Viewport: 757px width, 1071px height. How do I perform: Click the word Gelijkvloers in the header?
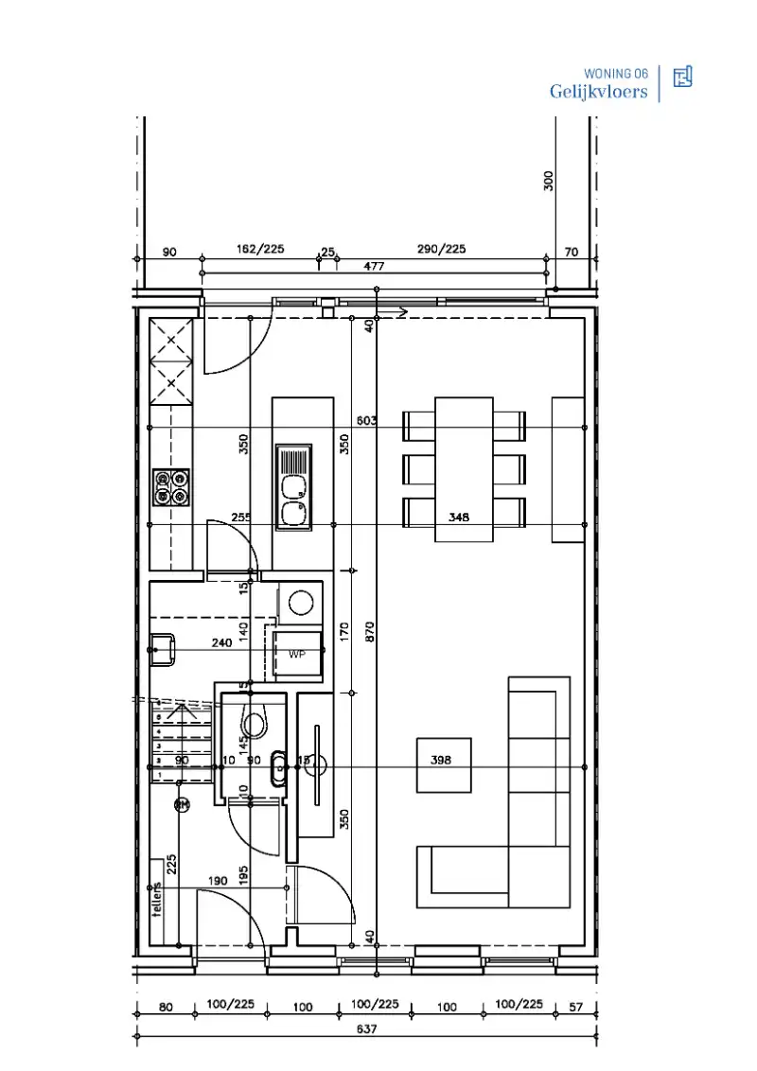[598, 92]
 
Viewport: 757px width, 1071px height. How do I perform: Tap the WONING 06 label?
[616, 73]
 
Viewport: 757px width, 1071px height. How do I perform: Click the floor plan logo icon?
[682, 78]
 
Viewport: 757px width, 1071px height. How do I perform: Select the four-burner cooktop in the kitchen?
[171, 487]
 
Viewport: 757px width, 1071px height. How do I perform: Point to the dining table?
[464, 468]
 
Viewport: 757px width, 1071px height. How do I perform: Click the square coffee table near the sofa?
[445, 764]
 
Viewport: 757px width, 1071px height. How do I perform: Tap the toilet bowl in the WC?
[254, 724]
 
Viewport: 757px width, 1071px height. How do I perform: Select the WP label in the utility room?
[297, 654]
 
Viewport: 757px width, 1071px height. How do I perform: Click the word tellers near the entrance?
[158, 899]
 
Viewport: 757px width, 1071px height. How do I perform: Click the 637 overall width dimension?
[367, 1029]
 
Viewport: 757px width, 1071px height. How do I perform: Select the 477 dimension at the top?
[375, 266]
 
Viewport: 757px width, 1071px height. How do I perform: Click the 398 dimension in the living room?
[442, 760]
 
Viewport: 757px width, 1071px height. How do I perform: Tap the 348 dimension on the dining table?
[460, 518]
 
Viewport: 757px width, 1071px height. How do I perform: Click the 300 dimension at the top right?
[549, 181]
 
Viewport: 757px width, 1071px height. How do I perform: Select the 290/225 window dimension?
[442, 249]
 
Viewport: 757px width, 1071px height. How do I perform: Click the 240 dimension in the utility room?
[221, 642]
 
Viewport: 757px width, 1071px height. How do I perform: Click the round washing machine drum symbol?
[302, 603]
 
